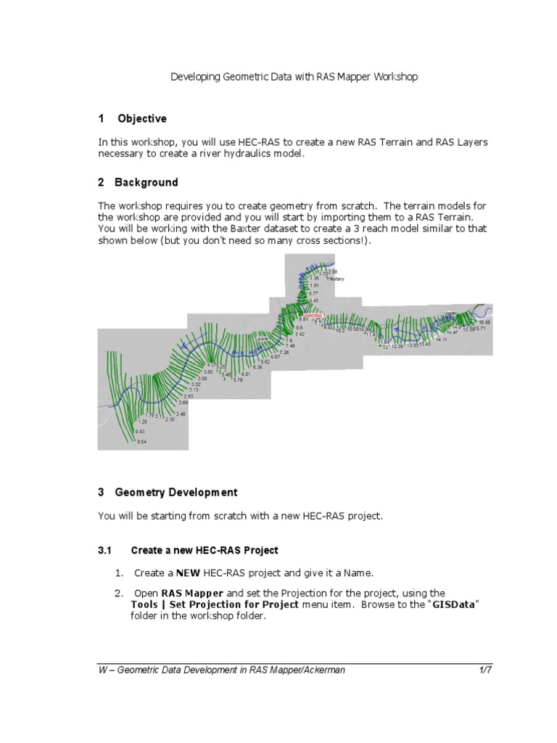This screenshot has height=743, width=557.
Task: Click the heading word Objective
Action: pyautogui.click(x=142, y=118)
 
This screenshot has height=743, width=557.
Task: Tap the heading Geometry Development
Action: pyautogui.click(x=176, y=492)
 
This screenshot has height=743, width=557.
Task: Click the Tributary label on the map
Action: pyautogui.click(x=335, y=279)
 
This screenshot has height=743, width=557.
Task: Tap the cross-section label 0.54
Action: pyautogui.click(x=140, y=442)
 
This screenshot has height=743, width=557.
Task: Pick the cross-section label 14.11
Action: pyautogui.click(x=441, y=340)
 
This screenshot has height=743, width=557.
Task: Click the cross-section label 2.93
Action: pyautogui.click(x=189, y=396)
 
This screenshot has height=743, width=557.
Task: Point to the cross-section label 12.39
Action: pyautogui.click(x=397, y=346)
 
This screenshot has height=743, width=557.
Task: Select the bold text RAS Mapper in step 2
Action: pyautogui.click(x=186, y=593)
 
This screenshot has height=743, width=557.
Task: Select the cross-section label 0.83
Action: pyautogui.click(x=140, y=431)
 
